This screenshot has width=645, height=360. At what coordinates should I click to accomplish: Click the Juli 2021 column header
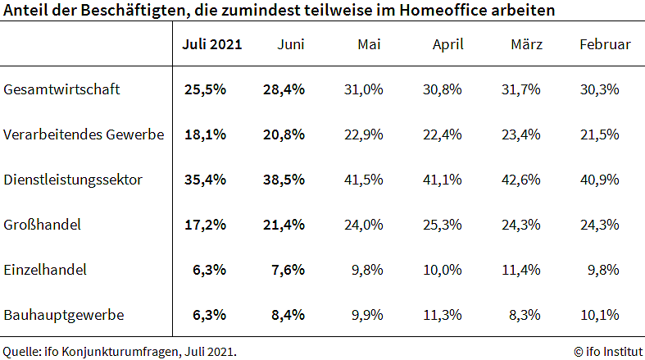211,44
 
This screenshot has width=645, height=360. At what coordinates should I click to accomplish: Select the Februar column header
605,44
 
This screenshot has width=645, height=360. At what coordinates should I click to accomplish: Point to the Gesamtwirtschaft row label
62,89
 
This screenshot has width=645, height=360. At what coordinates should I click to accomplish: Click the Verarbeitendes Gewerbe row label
84,134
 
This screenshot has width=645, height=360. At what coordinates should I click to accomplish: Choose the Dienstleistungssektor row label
74,180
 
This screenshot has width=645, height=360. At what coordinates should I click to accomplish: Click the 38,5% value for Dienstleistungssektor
284,180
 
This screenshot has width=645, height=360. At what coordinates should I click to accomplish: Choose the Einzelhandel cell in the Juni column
287,269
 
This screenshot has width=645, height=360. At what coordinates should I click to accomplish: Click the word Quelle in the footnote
19,351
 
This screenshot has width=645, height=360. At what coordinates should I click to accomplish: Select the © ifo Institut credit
607,351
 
